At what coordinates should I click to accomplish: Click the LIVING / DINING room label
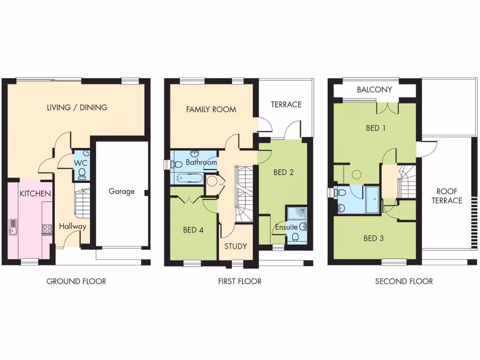point(77,107)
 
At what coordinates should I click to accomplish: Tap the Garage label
point(121,191)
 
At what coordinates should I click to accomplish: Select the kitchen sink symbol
point(13,227)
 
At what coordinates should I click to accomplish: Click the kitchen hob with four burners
point(47,229)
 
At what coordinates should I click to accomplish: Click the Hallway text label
point(73,226)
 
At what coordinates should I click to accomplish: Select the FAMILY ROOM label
point(211,109)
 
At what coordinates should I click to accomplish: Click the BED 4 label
point(192,230)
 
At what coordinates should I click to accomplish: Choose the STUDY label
point(235,246)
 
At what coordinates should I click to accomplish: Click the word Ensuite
point(286,227)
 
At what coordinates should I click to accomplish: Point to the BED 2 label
point(283,172)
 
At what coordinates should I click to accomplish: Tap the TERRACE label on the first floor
point(286,104)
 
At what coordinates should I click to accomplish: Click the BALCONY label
point(374,90)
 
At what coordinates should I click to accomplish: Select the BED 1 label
point(375,127)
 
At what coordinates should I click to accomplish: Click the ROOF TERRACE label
point(449,196)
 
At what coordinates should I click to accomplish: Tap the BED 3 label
point(374,238)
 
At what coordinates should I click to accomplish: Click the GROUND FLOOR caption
point(76,281)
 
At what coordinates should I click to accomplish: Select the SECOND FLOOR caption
point(404,281)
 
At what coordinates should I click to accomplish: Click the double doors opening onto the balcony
point(388,107)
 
